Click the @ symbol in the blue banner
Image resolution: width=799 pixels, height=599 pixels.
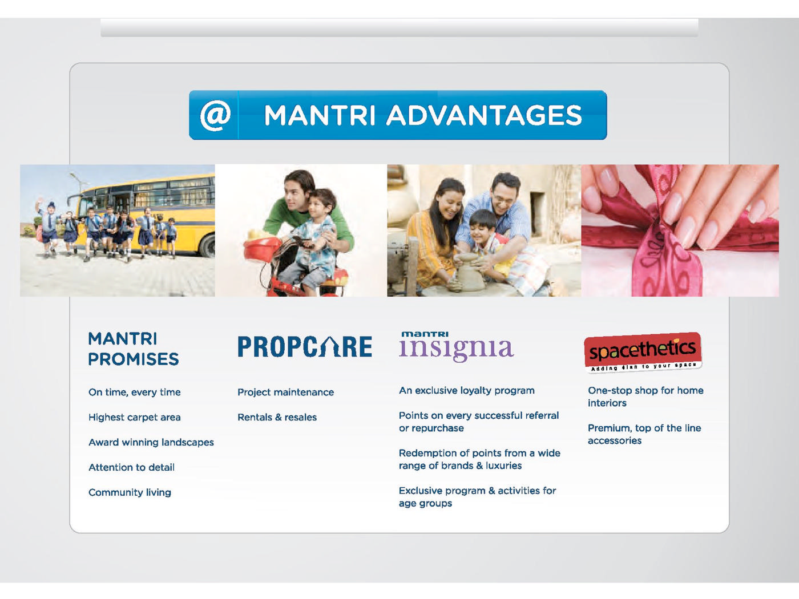coord(215,115)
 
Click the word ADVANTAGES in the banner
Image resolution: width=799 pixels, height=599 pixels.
coord(484,115)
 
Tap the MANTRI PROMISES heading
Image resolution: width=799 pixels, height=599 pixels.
coord(133,349)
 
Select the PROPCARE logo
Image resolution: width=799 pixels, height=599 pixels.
coord(305,346)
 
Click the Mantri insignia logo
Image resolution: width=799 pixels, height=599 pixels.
coord(457,346)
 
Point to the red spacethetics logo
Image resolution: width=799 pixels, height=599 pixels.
coord(643,352)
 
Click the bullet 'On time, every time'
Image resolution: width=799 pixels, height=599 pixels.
coord(134,392)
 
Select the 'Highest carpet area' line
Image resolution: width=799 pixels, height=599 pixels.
coord(134,417)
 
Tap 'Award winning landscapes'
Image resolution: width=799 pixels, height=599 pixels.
coord(151,442)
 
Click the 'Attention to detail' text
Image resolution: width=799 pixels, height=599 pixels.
coord(131,467)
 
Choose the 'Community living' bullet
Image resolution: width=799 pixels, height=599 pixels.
coord(130,492)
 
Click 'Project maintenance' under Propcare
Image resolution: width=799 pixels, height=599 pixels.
coord(285,392)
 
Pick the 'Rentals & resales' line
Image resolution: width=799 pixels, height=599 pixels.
coord(277,417)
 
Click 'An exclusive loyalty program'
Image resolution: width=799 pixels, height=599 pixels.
coord(467,390)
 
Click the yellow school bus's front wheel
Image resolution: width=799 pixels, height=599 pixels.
coord(208,246)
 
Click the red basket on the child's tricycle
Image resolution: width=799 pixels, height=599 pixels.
coord(259,248)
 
